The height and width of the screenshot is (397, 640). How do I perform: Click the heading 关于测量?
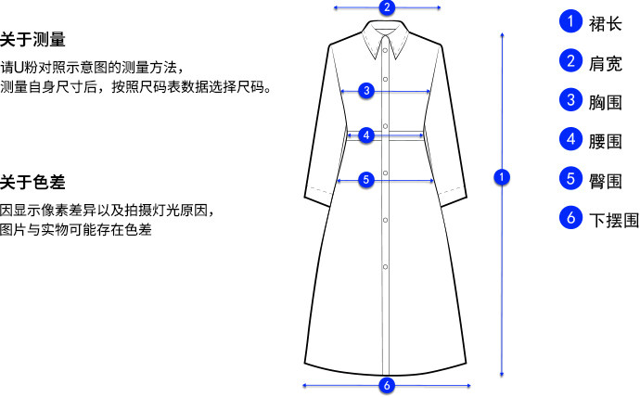[32, 39]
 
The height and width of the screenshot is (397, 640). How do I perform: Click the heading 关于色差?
[32, 181]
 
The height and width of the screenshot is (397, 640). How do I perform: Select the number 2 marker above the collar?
[388, 8]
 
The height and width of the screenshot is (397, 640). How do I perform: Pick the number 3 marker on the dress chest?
[367, 91]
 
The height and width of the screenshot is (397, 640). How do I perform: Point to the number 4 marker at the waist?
[367, 135]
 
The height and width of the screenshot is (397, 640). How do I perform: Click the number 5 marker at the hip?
[365, 179]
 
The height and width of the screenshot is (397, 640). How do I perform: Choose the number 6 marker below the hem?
[387, 385]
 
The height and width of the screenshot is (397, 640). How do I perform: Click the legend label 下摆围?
[614, 221]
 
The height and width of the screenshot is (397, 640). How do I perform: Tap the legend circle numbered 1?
[570, 20]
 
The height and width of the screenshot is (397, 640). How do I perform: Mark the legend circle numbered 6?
[570, 219]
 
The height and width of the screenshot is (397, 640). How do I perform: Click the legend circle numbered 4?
[570, 140]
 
